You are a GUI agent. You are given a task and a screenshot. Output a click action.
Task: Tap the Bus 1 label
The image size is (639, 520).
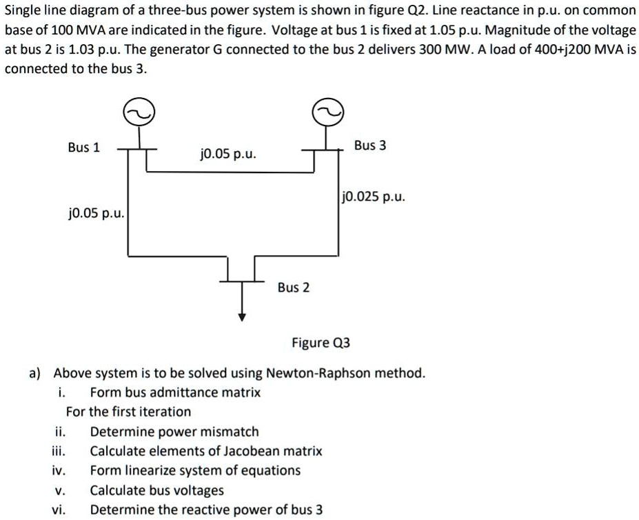tap(83, 147)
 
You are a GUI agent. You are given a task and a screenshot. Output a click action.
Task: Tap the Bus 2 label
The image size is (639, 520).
tap(294, 287)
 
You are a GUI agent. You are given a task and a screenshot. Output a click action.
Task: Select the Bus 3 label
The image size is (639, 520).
tap(370, 146)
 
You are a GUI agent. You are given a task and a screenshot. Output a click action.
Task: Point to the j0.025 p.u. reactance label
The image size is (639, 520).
tap(374, 197)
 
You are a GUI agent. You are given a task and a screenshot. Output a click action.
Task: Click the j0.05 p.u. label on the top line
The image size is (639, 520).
tap(228, 153)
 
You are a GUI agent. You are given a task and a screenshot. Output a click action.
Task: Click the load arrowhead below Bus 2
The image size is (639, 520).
tap(242, 317)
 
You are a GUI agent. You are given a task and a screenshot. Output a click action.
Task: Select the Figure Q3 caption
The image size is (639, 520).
tap(321, 343)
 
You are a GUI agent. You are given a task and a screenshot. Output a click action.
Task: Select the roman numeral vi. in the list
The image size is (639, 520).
tap(59, 510)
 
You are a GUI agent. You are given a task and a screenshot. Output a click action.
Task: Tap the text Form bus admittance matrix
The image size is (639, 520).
tap(175, 392)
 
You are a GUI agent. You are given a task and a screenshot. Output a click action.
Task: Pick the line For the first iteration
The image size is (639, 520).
tap(128, 412)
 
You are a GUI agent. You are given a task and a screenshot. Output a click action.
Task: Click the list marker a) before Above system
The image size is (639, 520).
tap(34, 373)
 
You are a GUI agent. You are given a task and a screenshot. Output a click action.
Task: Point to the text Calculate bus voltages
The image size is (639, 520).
tap(157, 490)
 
